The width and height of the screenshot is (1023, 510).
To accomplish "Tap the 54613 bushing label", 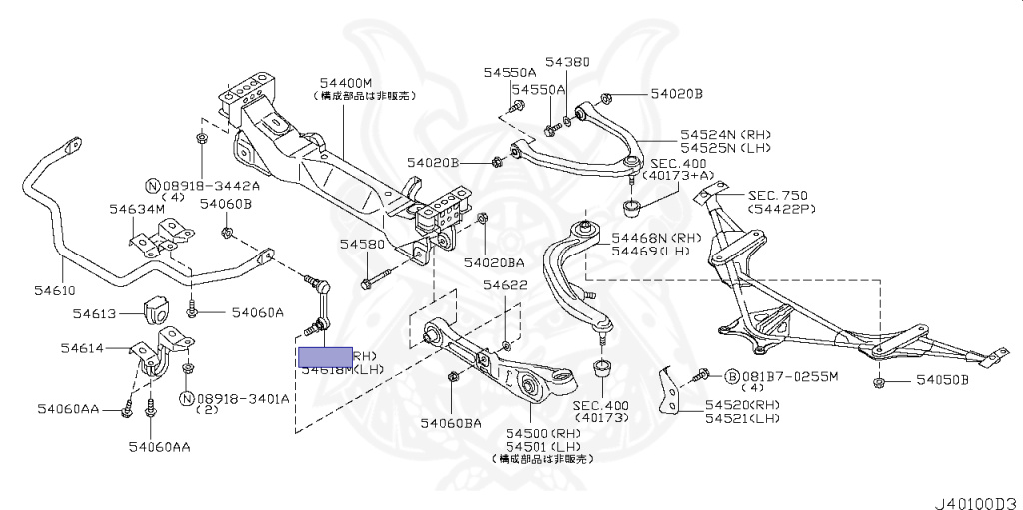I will point(95,313).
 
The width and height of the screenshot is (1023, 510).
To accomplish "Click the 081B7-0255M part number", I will point(789,376).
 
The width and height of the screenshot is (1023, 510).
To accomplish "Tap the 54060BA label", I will point(450,423).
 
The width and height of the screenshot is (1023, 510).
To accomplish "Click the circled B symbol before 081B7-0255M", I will point(731,377).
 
